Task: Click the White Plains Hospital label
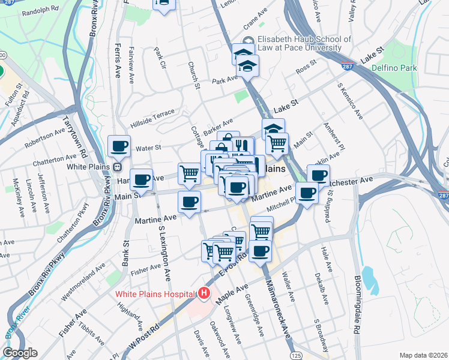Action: click(155, 295)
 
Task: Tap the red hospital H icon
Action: click(204, 294)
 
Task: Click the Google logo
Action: click(20, 353)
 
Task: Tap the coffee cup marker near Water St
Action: click(119, 146)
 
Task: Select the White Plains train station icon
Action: click(118, 167)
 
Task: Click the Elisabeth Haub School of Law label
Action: click(299, 43)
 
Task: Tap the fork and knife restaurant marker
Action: click(242, 146)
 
